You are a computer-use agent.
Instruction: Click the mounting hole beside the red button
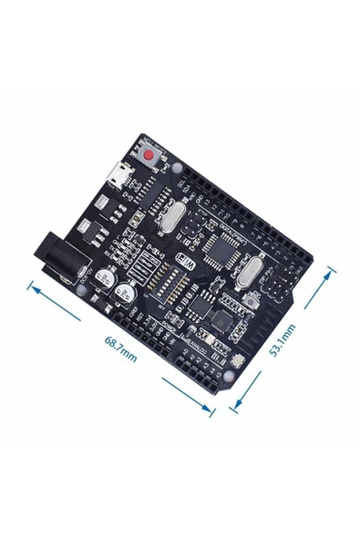[x=176, y=170]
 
